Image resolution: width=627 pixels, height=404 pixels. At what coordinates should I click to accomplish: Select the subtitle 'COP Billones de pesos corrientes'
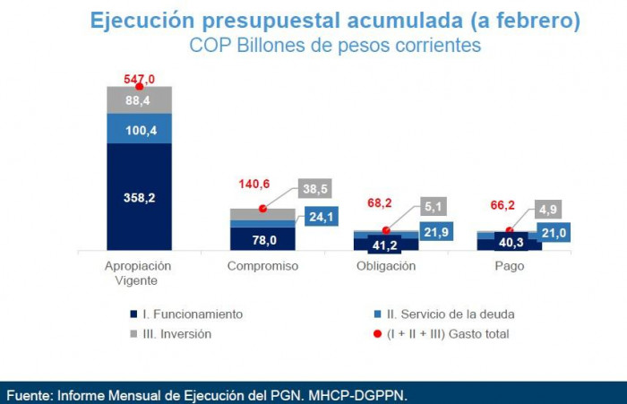point(334,45)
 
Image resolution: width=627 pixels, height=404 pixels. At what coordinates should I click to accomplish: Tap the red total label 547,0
point(139,79)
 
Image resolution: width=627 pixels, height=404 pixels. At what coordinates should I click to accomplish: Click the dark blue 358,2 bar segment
point(139,197)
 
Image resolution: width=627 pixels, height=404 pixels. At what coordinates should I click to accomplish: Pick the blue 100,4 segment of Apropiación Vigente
point(139,128)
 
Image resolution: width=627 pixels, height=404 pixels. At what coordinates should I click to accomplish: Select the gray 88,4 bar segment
point(139,99)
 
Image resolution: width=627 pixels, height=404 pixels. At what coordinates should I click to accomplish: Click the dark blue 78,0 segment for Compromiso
point(262,239)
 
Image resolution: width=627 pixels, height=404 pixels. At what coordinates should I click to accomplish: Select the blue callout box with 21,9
point(435,232)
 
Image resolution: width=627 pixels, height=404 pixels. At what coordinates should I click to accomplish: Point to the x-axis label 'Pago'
point(510,266)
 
